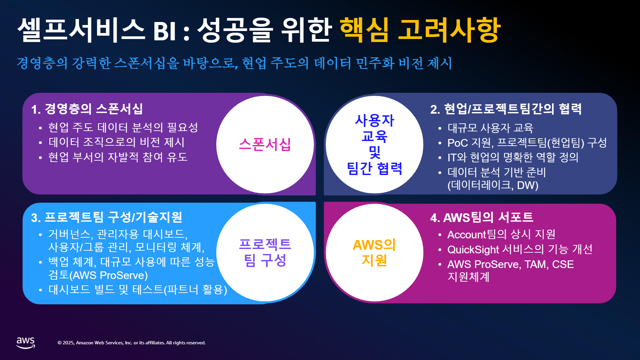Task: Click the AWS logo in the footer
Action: pos(26,343)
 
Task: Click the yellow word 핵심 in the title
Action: pos(364,30)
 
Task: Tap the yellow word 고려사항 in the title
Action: pos(449,30)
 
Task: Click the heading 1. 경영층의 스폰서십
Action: pos(87,109)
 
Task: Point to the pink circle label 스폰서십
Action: pos(265,145)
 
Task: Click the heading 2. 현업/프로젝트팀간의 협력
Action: pos(506,109)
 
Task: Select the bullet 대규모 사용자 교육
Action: pos(490,128)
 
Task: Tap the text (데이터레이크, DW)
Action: pos(493,185)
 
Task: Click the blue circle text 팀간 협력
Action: pos(375,168)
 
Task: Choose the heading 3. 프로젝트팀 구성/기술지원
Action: pos(107,217)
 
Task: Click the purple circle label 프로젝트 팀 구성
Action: pos(265,253)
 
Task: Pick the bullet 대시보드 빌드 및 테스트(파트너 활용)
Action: pos(138,289)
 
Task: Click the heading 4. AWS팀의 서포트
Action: pos(482,217)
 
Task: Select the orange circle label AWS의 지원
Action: pos(374,253)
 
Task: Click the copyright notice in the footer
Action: pos(132,343)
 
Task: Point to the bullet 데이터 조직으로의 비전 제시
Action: pos(116,142)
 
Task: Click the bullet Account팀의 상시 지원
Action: pos(501,234)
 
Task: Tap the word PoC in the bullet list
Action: pos(458,143)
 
